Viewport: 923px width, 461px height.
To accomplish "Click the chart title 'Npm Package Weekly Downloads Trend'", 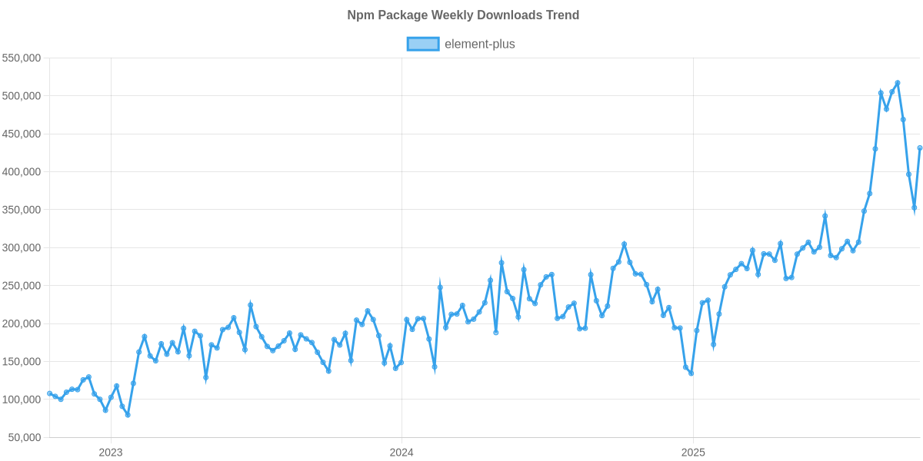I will tap(461, 15).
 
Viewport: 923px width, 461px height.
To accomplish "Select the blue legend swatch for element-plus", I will tap(422, 44).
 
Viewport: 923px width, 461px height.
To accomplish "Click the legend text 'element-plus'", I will tap(480, 44).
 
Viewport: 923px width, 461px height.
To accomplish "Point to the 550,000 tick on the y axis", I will tap(22, 58).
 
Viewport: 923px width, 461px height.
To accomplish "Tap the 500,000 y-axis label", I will tap(22, 96).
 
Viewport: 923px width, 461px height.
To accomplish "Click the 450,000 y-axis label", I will tap(22, 134).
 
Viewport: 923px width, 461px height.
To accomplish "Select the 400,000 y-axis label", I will tap(22, 172).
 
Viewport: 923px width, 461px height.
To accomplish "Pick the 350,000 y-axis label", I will tap(22, 210).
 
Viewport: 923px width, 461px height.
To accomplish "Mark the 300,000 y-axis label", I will tap(22, 247).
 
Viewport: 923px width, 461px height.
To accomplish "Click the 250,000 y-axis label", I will tap(22, 286).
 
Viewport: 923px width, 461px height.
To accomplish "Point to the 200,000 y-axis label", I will tap(22, 323).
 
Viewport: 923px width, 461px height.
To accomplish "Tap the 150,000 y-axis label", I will tap(22, 361).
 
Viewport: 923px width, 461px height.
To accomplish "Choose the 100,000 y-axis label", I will tap(22, 400).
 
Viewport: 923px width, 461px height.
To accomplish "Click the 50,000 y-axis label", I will tap(24, 437).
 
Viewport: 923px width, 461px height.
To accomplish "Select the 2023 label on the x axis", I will tap(111, 453).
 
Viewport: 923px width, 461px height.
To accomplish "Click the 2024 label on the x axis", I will tap(402, 453).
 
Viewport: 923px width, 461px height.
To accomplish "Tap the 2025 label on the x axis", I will tap(693, 453).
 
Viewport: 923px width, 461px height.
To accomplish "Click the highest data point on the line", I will tap(898, 83).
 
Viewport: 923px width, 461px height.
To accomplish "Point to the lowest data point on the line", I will tap(128, 415).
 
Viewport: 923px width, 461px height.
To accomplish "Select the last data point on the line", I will tap(920, 148).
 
